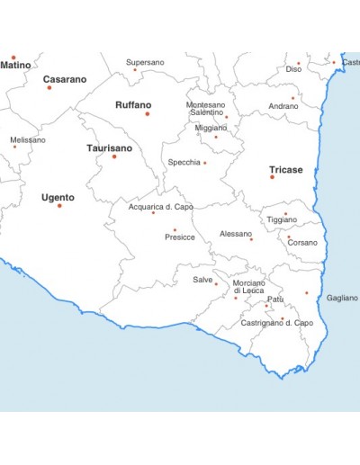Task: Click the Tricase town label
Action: click(285, 169)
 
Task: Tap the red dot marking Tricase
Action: click(272, 177)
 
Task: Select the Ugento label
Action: click(58, 197)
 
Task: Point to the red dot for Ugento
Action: click(59, 206)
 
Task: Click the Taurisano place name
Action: click(109, 148)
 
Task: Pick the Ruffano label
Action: click(133, 104)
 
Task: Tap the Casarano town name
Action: click(66, 79)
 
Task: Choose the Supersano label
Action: click(145, 62)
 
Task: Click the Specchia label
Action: click(184, 162)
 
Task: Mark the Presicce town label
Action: click(180, 237)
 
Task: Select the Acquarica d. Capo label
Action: click(160, 206)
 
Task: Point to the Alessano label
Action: click(236, 234)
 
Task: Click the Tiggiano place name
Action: click(282, 219)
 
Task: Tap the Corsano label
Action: click(302, 243)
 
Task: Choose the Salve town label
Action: click(202, 280)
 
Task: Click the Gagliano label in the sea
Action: click(342, 298)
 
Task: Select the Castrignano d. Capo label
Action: click(276, 322)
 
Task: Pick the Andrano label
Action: click(283, 106)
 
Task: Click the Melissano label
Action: click(27, 139)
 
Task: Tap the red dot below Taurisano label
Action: click(114, 156)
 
